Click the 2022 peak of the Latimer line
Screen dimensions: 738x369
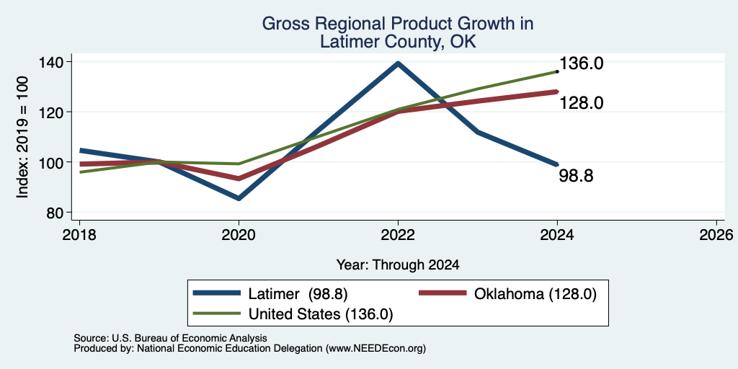tap(398, 63)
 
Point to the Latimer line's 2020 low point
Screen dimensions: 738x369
tap(239, 198)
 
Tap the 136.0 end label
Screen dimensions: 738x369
tap(582, 63)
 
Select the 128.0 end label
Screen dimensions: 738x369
tap(582, 102)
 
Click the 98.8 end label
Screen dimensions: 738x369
tap(576, 176)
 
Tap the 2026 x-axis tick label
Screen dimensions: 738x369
tap(716, 234)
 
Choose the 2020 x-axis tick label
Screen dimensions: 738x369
tap(239, 234)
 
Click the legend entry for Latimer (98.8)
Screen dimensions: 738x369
tap(270, 294)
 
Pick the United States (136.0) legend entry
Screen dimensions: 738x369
tap(293, 314)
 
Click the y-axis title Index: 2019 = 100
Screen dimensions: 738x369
tap(22, 137)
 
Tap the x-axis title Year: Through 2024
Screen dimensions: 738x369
tap(398, 265)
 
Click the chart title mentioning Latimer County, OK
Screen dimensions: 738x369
tap(398, 32)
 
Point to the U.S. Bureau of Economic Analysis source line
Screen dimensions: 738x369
tap(170, 338)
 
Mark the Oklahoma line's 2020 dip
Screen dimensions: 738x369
tap(239, 179)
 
